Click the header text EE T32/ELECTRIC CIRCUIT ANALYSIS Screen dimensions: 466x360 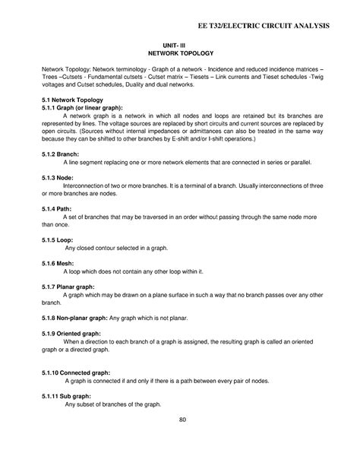click(x=270, y=27)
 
